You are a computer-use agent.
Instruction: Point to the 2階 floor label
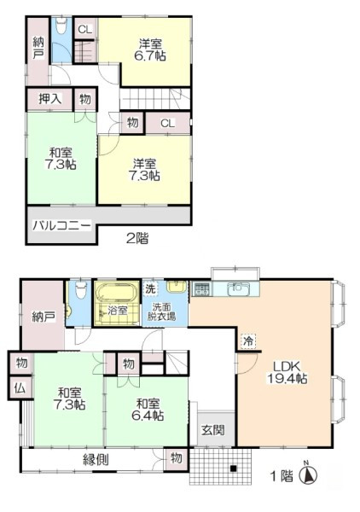tap(136, 239)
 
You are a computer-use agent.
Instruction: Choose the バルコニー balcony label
tap(62, 226)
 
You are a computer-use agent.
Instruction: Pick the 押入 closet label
tap(49, 100)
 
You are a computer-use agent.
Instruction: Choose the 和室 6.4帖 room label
tap(148, 409)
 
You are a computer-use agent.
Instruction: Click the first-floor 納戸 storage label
tap(45, 317)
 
